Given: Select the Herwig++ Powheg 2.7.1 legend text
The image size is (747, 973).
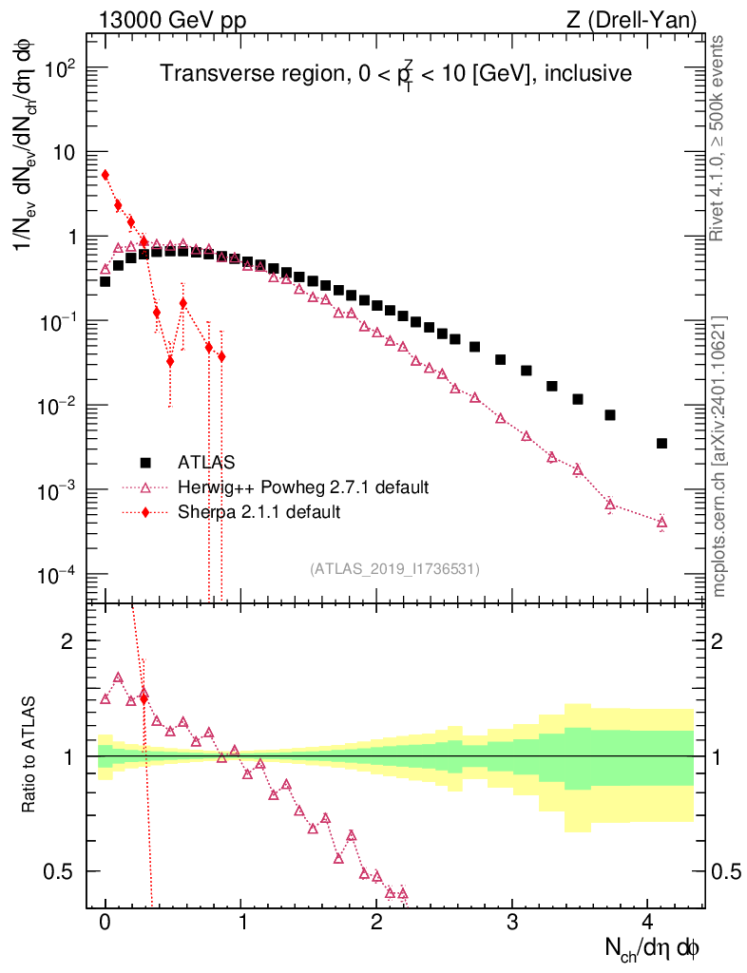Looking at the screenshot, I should point(303,487).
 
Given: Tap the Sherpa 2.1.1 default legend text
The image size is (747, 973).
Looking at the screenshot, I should point(259,512).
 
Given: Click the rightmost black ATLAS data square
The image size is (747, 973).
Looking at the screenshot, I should point(661,443).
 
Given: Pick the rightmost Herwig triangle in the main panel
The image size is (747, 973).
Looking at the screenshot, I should point(661,522).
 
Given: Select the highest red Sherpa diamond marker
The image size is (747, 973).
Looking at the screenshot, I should point(105,175).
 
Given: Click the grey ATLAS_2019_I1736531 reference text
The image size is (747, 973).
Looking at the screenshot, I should point(394,569).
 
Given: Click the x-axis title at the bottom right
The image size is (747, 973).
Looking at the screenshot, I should point(653,947).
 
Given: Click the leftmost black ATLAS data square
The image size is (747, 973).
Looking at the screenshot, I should point(105,281).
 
